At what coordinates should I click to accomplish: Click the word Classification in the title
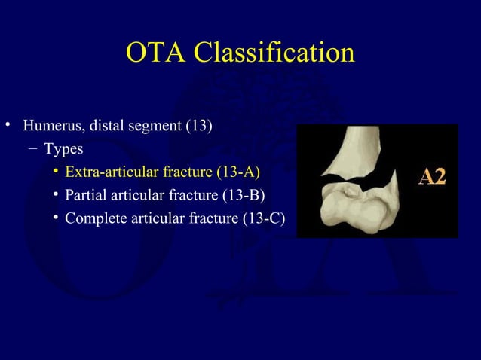(274, 53)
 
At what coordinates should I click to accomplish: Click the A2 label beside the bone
(432, 177)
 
